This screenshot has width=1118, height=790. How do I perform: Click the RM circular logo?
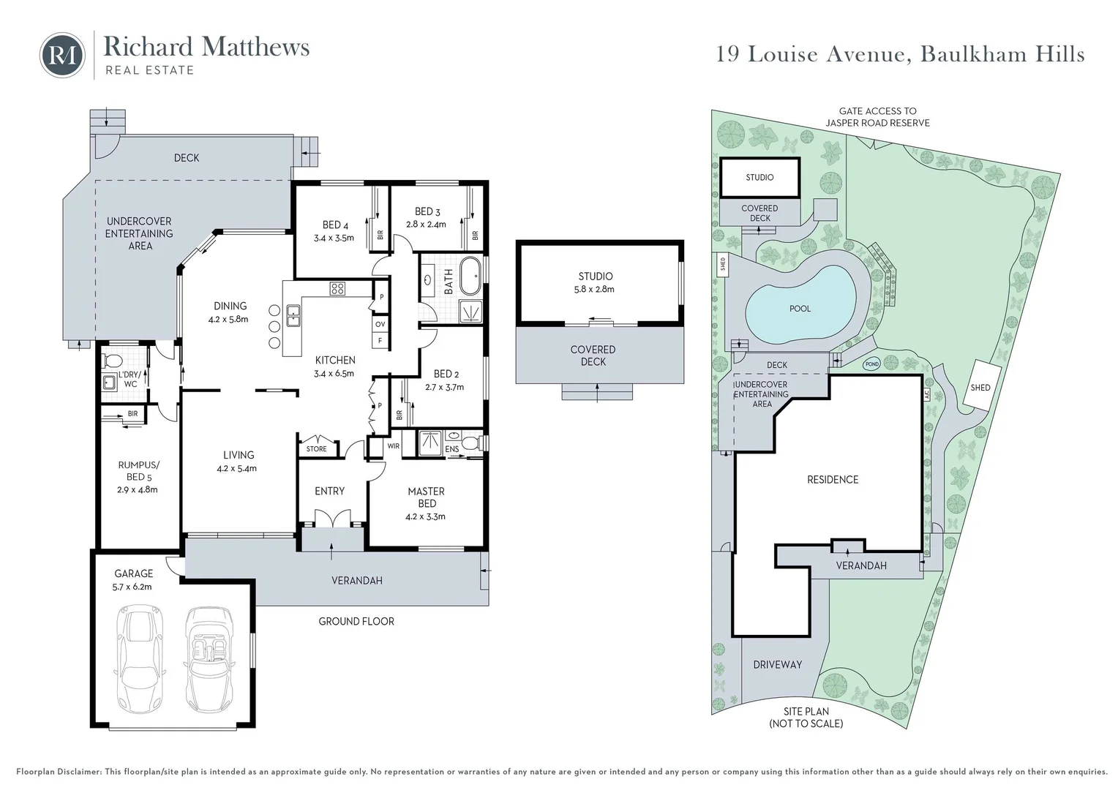point(62,56)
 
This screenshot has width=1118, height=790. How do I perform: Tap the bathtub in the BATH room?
point(470,276)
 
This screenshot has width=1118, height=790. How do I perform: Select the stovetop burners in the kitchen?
point(337,288)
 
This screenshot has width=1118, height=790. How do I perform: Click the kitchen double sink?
point(293,316)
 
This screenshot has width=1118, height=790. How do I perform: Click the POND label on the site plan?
point(872,364)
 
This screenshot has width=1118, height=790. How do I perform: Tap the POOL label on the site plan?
point(800,309)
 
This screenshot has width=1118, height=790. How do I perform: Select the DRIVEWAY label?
point(778,665)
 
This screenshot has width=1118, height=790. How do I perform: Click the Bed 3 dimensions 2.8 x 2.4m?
point(426,225)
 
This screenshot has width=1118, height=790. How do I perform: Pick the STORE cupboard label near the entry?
point(316,448)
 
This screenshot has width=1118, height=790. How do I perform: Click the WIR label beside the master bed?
point(394,446)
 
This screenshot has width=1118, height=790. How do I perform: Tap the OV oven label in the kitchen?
point(380,324)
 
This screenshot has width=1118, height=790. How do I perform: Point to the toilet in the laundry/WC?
point(112,361)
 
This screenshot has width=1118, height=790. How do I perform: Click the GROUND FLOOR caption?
point(356,621)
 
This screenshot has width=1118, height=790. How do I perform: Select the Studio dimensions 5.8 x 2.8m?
point(594,289)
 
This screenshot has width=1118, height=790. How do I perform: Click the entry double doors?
point(334,518)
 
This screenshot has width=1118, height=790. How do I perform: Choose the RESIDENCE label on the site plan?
point(833,480)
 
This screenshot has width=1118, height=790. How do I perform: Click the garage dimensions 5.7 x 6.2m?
point(132,587)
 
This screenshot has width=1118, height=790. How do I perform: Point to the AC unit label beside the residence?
point(927,395)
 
